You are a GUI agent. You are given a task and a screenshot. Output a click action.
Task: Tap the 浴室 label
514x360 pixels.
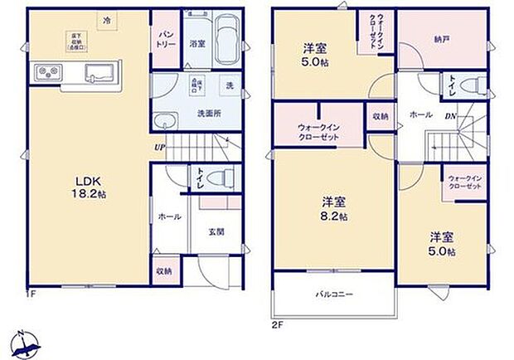coord(196,43)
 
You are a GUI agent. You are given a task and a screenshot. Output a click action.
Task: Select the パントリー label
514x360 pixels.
coord(164,37)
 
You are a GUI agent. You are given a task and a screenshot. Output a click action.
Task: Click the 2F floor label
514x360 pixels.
coord(278,324)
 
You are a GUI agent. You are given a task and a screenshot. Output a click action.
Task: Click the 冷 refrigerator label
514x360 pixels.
coord(105,19)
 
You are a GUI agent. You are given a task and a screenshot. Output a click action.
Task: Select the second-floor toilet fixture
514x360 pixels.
coord(476,83)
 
